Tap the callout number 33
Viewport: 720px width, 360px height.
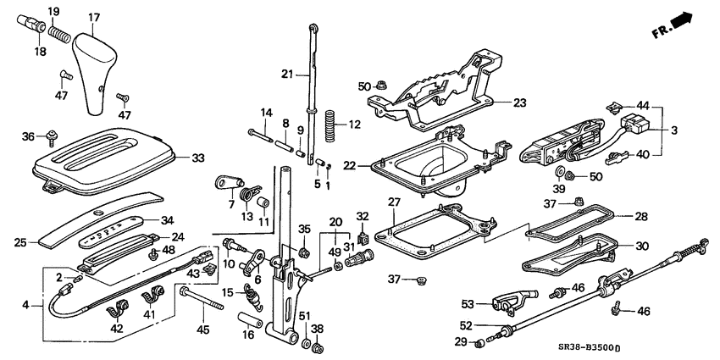[198, 158]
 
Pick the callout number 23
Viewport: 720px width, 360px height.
[519, 103]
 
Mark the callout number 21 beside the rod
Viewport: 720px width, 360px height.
[286, 75]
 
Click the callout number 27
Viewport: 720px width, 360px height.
[393, 202]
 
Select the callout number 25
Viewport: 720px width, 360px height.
[21, 243]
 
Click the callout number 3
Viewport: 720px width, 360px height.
[674, 131]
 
